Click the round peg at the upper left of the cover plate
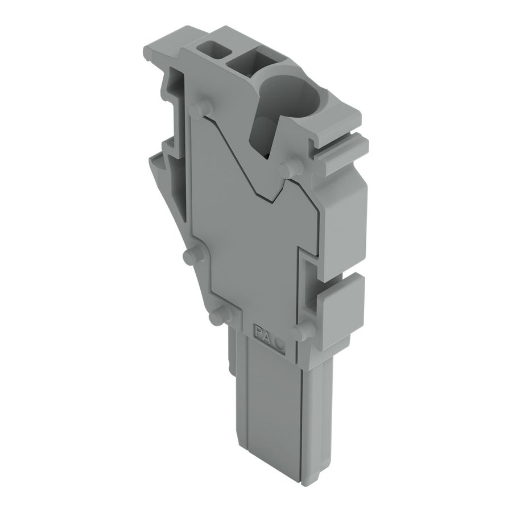197,110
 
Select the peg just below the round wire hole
291,168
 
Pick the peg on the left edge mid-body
191,255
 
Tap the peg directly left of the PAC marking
217,317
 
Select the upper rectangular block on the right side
346,228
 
